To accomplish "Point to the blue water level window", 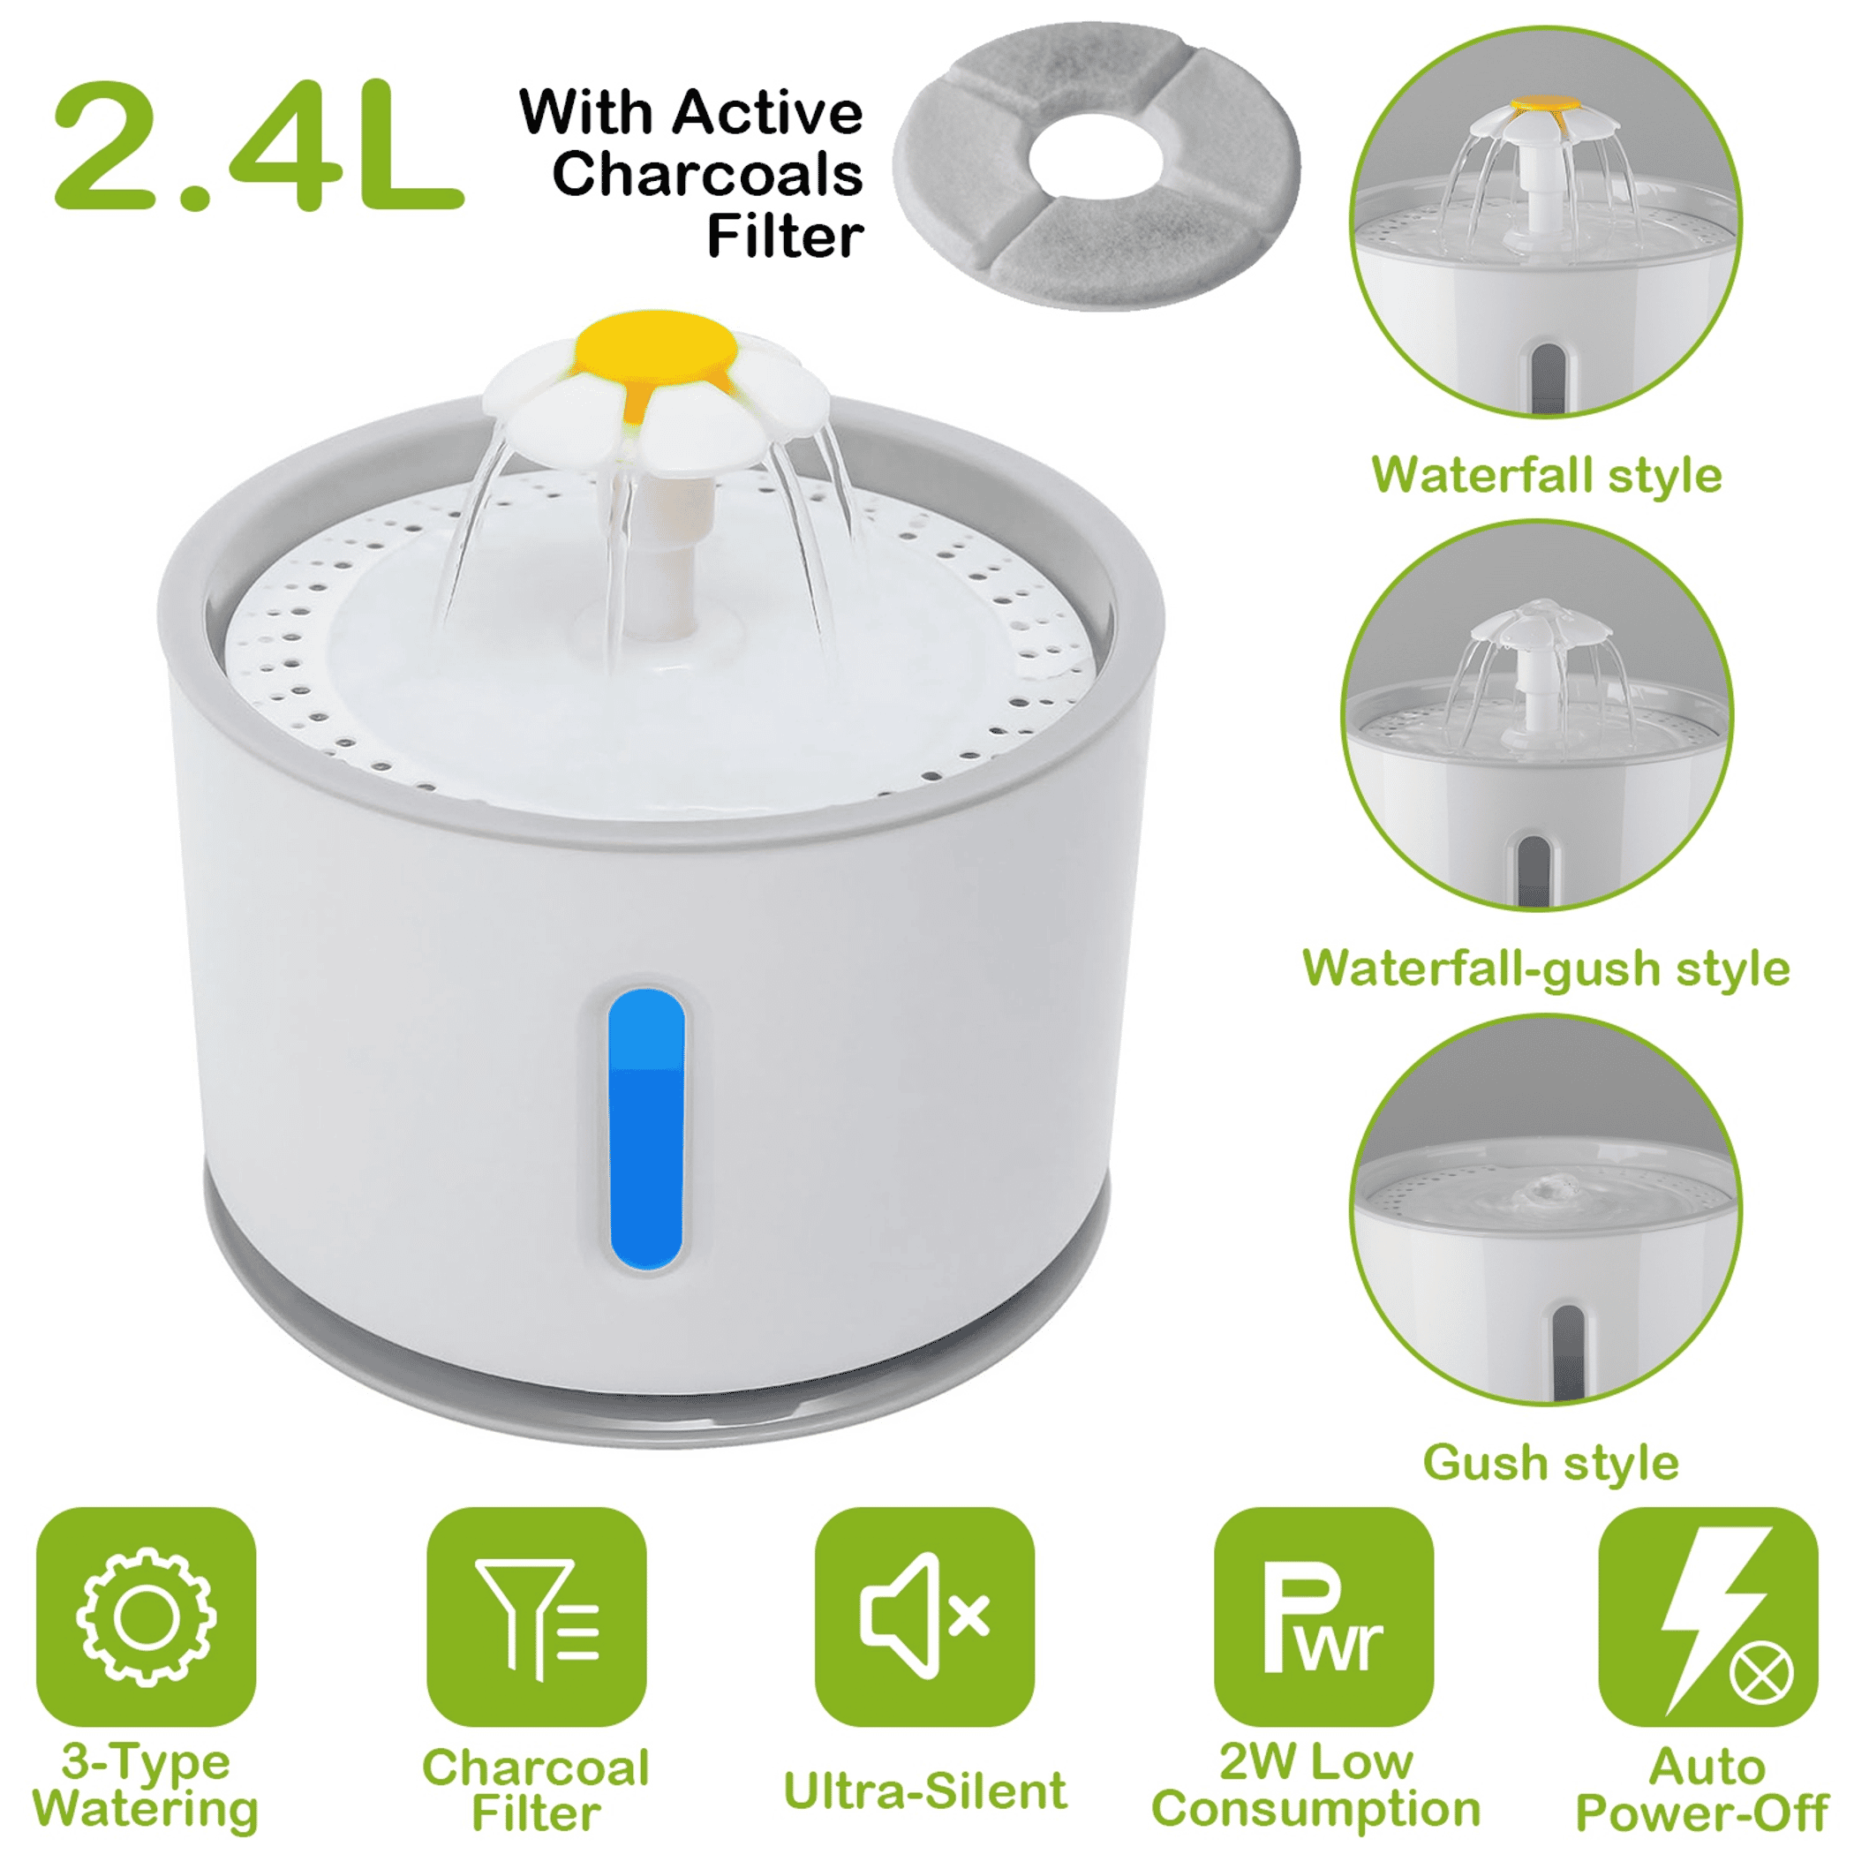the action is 646,1129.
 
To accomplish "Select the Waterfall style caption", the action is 1547,475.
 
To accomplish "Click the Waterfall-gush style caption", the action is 1546,968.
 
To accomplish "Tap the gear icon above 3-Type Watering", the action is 146,1617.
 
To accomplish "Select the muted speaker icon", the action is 925,1617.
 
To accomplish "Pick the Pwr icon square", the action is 1323,1617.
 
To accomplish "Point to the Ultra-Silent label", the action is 925,1790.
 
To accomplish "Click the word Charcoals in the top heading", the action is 707,175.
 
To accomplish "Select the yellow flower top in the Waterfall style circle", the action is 1545,103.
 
